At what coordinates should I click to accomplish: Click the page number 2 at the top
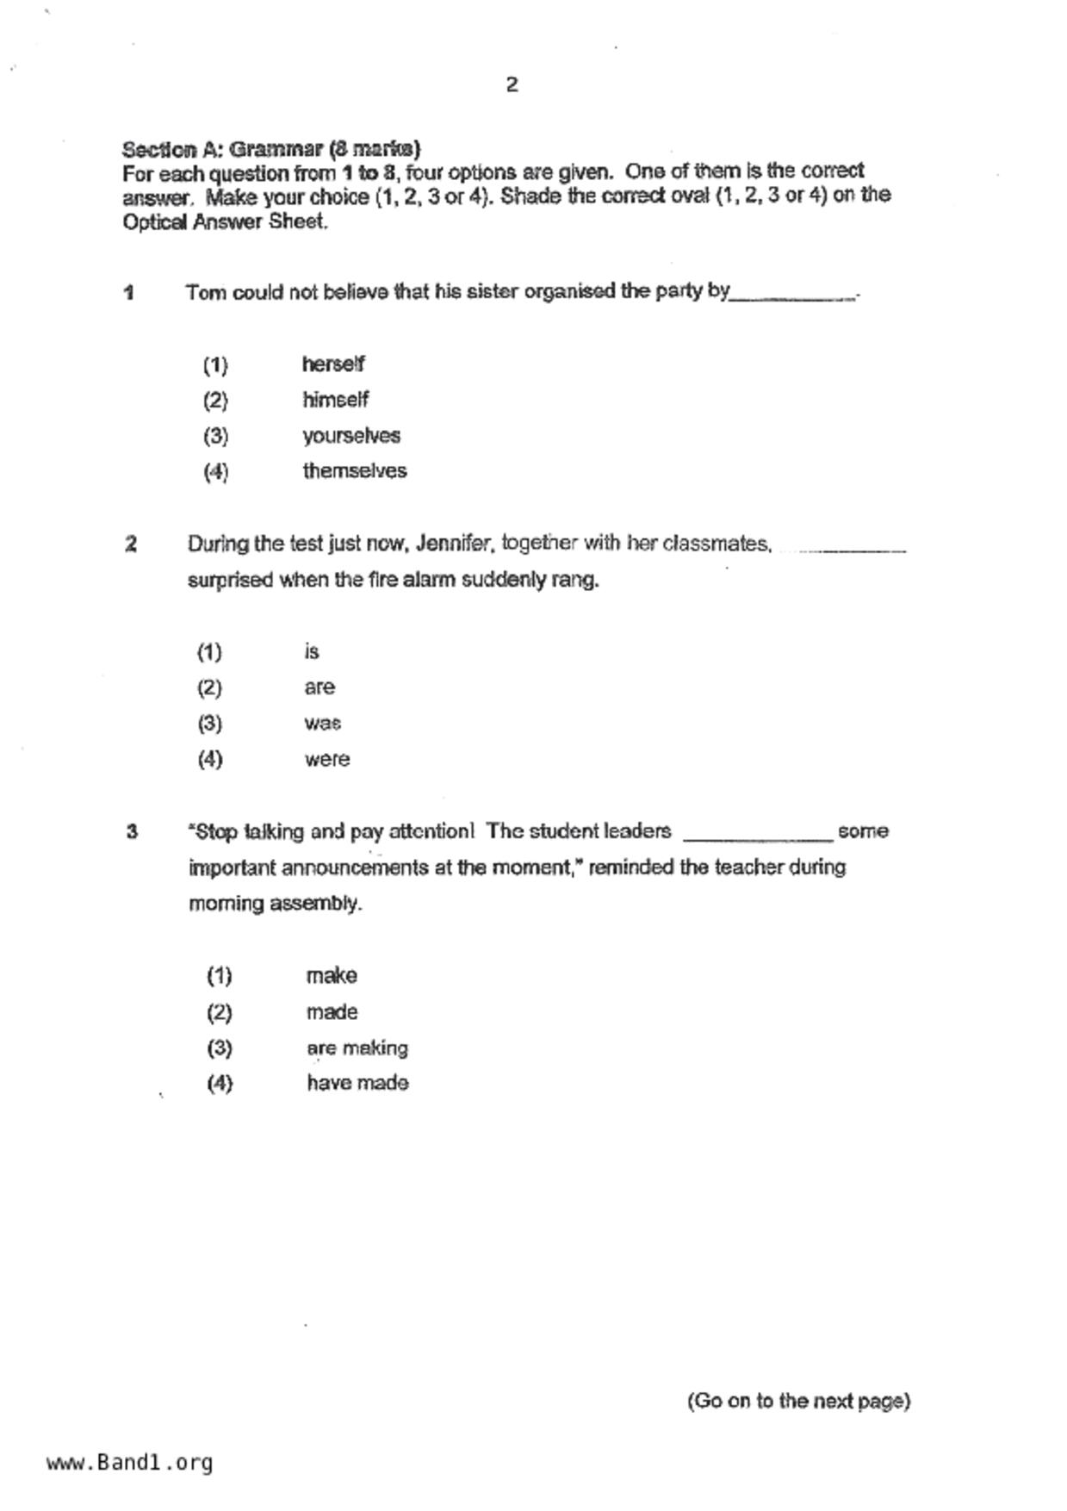pos(512,84)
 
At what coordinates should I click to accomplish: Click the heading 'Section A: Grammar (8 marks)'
pos(271,149)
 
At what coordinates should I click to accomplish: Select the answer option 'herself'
pos(333,364)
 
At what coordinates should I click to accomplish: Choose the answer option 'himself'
pos(335,400)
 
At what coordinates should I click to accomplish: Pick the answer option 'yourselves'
pos(350,436)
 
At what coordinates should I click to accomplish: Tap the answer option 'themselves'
pos(354,471)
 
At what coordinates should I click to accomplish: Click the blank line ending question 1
pos(792,296)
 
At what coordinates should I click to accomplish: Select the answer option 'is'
pos(312,652)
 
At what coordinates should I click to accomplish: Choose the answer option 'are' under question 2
pos(319,687)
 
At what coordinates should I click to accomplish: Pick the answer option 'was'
pos(322,724)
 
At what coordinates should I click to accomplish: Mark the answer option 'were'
pos(326,760)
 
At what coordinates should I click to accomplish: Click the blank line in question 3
pos(757,836)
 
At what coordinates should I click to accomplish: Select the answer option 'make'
pos(332,976)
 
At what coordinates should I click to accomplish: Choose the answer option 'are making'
pos(357,1048)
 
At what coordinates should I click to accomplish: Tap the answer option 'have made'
pos(357,1083)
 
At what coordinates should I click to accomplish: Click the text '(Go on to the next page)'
pos(798,1402)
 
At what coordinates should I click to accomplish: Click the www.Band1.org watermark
pos(130,1463)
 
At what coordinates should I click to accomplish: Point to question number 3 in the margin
pos(132,831)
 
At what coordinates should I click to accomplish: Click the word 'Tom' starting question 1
pos(206,292)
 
